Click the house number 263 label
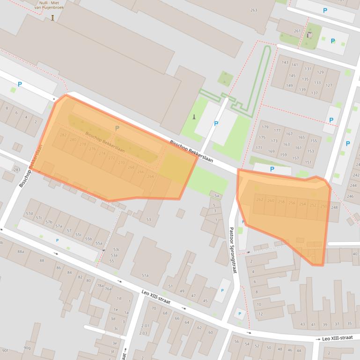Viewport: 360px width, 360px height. click(254, 10)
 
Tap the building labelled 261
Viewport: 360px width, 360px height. click(297, 31)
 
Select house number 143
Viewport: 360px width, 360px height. click(285, 63)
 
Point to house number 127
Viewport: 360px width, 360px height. click(329, 86)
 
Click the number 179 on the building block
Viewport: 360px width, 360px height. click(265, 127)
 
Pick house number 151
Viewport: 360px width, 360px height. click(308, 162)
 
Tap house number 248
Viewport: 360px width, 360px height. click(334, 207)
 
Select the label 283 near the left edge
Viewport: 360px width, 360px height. click(17, 170)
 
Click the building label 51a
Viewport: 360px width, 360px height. click(145, 275)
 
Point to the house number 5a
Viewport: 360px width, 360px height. click(216, 196)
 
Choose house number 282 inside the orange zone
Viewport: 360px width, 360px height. click(63, 135)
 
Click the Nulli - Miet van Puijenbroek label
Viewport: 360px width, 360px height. click(52, 5)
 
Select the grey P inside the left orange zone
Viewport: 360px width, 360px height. click(117, 128)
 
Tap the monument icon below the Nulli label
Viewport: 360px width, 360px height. click(52, 18)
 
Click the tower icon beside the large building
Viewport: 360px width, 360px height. click(194, 117)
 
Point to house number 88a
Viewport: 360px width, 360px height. click(21, 252)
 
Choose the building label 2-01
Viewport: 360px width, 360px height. click(145, 325)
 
